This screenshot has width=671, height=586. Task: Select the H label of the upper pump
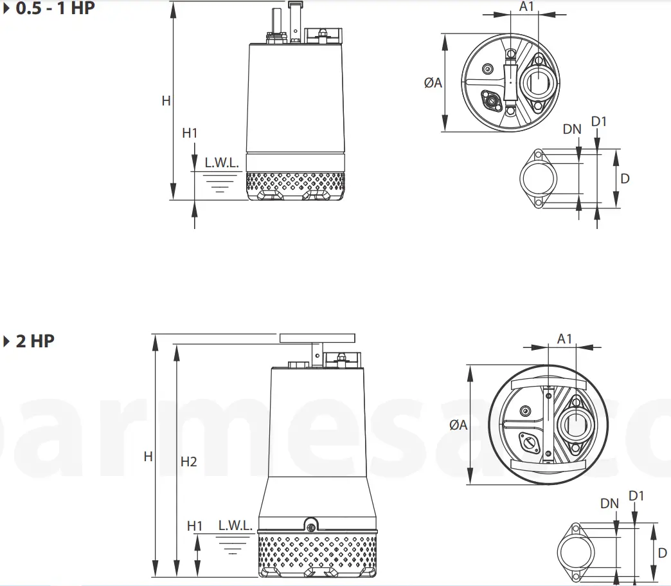(166, 101)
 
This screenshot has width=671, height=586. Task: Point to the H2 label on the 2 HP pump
(188, 461)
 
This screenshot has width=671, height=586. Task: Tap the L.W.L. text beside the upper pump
(221, 163)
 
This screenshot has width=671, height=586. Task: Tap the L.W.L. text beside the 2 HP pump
(235, 525)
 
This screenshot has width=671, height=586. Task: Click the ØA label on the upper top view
(433, 82)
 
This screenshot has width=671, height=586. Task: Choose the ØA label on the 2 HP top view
(458, 425)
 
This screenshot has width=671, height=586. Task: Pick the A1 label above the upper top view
(526, 6)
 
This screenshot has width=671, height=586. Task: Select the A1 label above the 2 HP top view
(564, 338)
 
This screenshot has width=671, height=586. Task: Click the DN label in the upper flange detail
(571, 129)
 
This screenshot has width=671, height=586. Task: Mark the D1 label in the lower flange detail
(636, 495)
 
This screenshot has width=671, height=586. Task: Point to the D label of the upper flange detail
(624, 178)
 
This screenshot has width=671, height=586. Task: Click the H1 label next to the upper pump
(190, 133)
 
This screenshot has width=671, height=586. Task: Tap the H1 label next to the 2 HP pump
(195, 526)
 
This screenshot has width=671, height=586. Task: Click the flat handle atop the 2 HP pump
(317, 338)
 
